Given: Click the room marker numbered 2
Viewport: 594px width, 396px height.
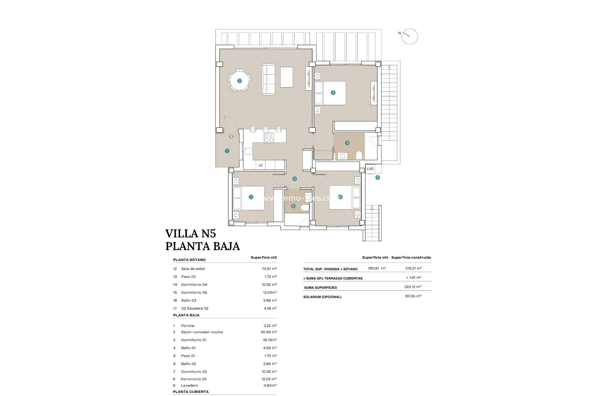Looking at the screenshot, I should pos(239,81).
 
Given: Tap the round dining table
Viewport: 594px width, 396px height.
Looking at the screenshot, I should pos(239,81).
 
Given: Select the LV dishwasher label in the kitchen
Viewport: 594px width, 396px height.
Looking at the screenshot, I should pos(260,165).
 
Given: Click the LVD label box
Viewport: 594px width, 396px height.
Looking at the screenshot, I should pos(370,169).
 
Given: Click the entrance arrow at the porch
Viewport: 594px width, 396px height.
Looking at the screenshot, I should pos(231,136).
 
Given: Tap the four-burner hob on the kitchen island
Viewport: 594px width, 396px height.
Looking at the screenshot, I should pos(269,138).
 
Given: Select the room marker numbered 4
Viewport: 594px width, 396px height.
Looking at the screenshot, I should pos(347,143).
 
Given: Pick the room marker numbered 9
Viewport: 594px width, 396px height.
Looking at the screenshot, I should pos(377,178).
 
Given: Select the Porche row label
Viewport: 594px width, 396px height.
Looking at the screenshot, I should pos(188,326).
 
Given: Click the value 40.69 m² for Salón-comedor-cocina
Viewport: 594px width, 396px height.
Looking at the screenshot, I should pos(269,332).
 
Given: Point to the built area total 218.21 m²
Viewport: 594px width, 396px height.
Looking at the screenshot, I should pos(413,268).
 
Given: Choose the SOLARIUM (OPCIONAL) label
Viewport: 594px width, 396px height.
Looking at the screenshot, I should pos(322,297).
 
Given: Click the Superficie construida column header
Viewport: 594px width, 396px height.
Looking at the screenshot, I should pos(411,257).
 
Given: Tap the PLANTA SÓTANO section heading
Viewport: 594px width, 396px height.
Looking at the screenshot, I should pos(189,260).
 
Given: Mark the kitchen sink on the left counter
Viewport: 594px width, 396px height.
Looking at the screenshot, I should pos(248,151).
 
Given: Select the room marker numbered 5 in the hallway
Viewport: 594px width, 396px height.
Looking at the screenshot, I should pos(295,179).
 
